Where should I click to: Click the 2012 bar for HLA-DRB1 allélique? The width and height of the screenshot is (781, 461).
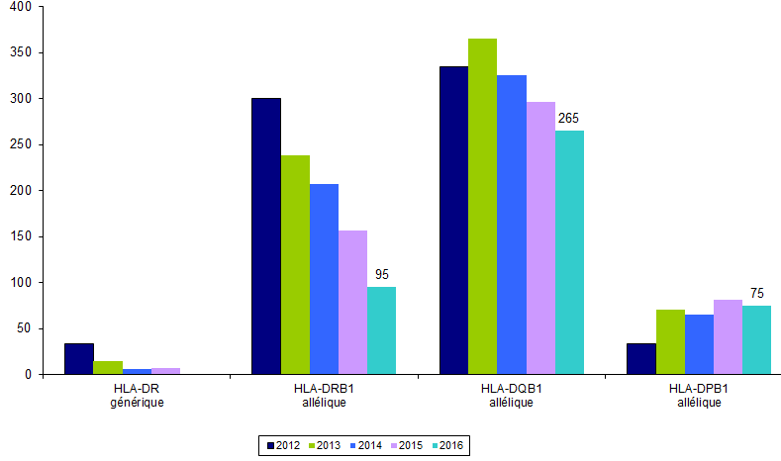tap(266, 236)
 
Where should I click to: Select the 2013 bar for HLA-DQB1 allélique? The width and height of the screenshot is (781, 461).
tap(483, 207)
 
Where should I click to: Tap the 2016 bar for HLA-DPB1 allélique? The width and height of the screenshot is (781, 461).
tap(756, 339)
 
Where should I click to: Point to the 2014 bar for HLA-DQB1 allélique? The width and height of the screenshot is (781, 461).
tap(512, 225)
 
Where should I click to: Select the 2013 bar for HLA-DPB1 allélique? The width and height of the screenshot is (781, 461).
tap(670, 341)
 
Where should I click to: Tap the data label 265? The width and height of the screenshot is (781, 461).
tap(568, 119)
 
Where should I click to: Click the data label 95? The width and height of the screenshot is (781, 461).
tap(382, 274)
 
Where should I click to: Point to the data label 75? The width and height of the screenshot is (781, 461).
tap(757, 293)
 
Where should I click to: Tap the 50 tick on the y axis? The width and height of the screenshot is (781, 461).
tap(22, 328)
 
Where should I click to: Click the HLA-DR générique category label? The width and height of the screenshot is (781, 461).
tap(138, 396)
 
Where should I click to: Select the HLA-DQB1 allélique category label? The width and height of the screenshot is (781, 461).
tap(511, 396)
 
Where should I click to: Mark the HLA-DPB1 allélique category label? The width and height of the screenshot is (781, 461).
tap(698, 396)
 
